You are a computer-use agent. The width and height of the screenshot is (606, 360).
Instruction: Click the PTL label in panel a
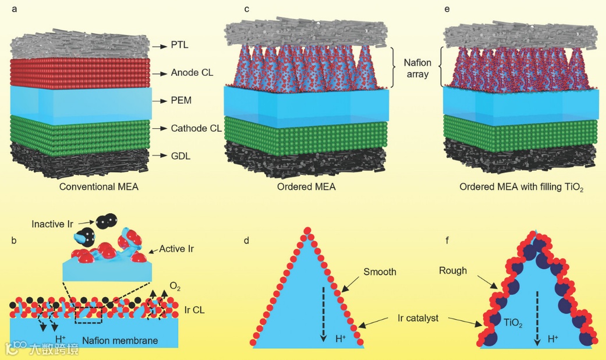tap(180, 44)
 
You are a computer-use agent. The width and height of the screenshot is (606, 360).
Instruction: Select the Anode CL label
tap(192, 73)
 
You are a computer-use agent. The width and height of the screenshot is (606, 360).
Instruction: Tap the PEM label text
tap(181, 101)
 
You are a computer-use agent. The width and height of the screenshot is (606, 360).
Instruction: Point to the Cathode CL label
tap(196, 128)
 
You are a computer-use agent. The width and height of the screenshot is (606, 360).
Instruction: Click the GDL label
tap(180, 156)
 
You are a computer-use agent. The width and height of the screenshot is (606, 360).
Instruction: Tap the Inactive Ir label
tap(55, 224)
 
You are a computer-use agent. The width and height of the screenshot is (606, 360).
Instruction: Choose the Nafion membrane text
tap(120, 340)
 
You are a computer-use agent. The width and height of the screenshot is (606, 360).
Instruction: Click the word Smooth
tap(380, 271)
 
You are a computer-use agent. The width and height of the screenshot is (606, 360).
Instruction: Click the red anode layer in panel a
tap(81, 73)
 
